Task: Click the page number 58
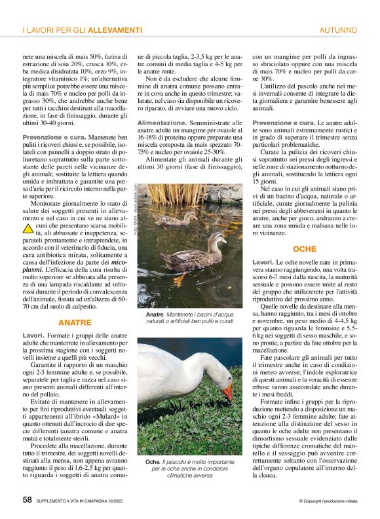point(27,499)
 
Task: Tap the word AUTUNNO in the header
point(337,30)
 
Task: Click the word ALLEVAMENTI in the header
point(115,30)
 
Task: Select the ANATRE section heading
point(75,322)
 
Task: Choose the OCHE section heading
point(305,249)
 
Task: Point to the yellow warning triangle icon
point(28,229)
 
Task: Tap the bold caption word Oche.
point(152,462)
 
